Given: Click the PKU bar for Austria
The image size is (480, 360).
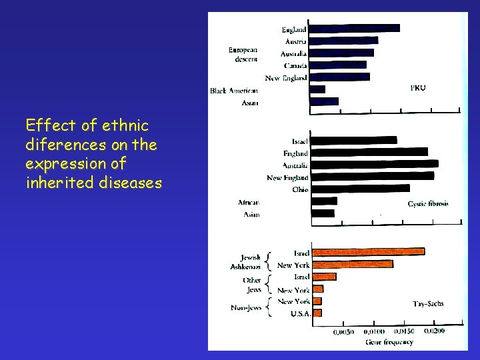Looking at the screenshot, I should click(344, 41).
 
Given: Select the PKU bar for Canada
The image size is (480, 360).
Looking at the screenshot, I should click(338, 65).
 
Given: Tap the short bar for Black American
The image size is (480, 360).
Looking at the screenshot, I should click(318, 89).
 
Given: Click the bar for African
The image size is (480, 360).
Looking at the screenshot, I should click(324, 201).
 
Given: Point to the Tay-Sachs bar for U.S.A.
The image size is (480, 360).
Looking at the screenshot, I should click(317, 313).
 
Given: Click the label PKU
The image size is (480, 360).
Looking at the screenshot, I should click(418, 87).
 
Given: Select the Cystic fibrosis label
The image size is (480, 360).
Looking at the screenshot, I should click(428, 203).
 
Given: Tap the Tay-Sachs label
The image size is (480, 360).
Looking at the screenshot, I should click(428, 303).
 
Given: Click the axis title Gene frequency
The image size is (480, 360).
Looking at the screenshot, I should click(389, 342).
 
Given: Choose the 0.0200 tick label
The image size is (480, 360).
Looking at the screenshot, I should click(435, 331).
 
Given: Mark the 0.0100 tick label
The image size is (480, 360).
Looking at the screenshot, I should click(373, 331).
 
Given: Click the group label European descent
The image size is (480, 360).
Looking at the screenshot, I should click(243, 55).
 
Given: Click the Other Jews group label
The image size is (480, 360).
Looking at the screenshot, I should click(251, 285).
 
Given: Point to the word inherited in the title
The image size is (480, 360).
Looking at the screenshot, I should click(56, 183).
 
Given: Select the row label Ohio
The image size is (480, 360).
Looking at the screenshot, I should click(299, 190).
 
